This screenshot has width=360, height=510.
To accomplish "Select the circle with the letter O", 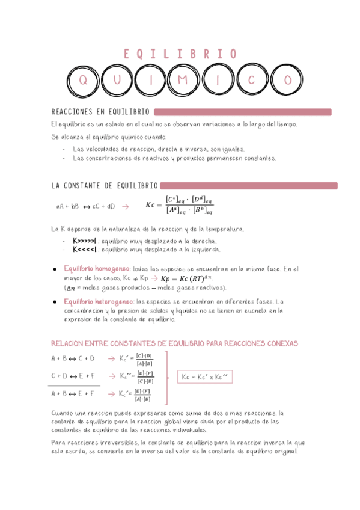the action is (x=288, y=80).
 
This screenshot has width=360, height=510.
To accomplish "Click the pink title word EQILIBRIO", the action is (x=180, y=55).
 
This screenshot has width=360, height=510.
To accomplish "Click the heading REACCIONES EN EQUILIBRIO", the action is (x=100, y=112).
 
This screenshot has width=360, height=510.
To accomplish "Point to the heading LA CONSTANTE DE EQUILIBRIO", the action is (x=105, y=186).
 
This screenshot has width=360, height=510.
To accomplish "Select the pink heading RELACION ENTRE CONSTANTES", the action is (x=174, y=343).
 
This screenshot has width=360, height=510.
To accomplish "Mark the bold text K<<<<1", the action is (x=85, y=249).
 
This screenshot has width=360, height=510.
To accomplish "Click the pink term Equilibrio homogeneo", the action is (x=97, y=269).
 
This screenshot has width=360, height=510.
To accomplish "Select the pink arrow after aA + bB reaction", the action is (x=125, y=206).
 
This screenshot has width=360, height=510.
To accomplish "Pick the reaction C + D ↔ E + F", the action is (x=73, y=376).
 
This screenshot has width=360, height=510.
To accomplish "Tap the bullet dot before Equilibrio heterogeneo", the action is (x=55, y=301).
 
